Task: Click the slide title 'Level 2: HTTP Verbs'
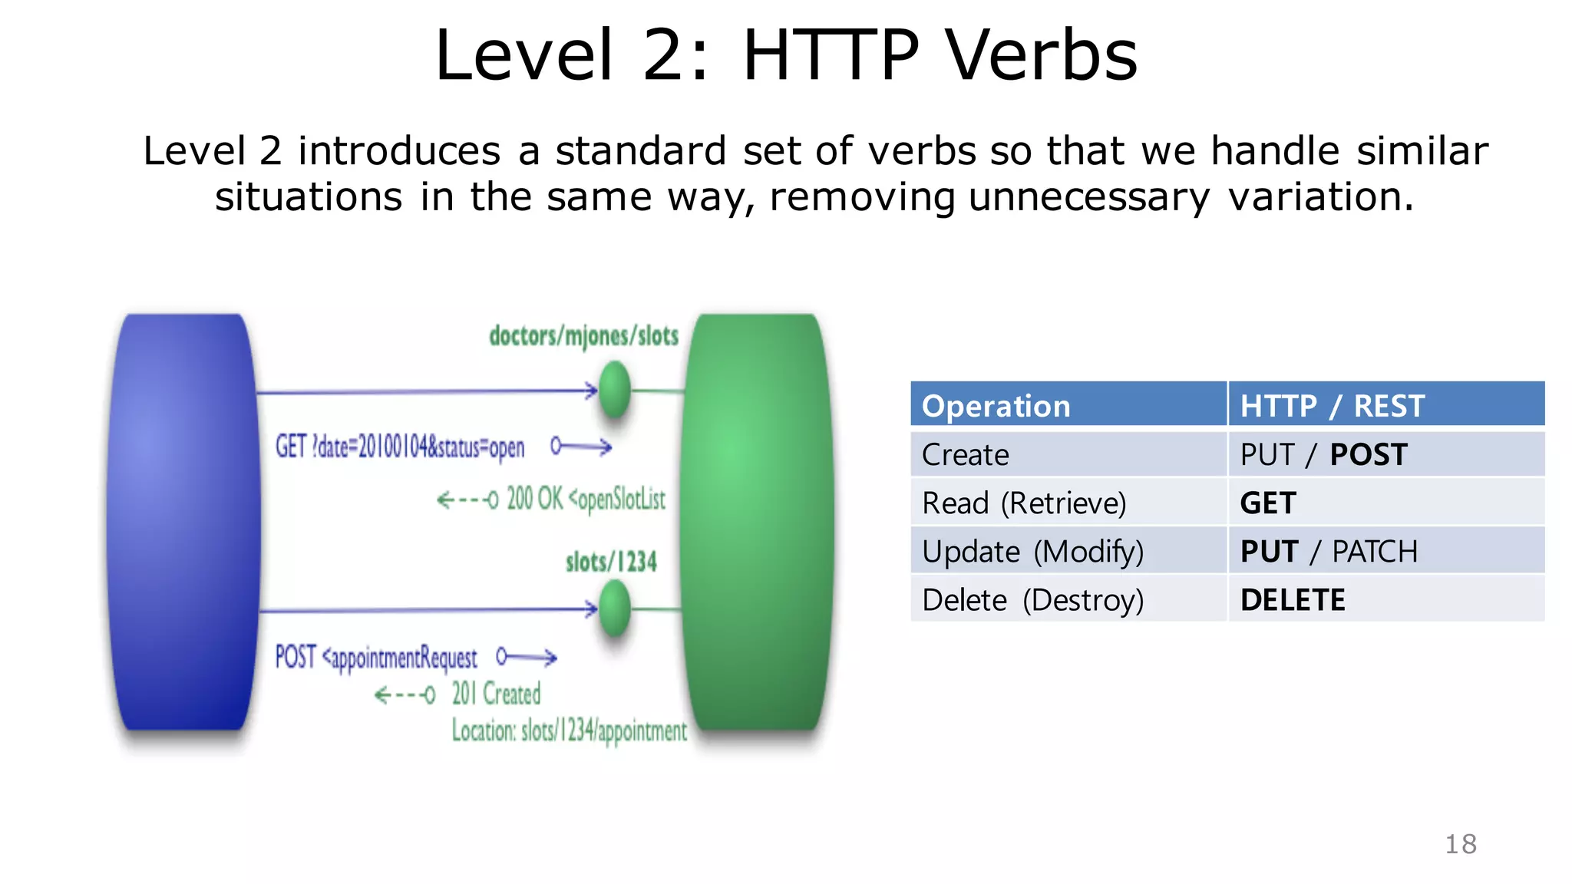point(785,55)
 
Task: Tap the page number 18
point(1460,844)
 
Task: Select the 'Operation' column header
point(996,406)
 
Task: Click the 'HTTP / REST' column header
point(1332,406)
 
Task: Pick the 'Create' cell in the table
point(965,455)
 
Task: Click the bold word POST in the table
point(1368,455)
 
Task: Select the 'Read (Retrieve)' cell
point(1024,503)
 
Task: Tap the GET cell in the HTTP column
point(1268,503)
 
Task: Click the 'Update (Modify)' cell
point(1032,552)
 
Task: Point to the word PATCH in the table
point(1374,552)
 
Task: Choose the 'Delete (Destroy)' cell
point(1032,600)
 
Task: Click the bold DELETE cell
point(1293,600)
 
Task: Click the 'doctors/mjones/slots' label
point(583,336)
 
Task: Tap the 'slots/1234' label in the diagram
point(611,562)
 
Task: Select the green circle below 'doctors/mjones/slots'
point(614,390)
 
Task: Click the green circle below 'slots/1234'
point(614,609)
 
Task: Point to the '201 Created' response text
point(496,694)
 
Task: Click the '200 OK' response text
point(535,499)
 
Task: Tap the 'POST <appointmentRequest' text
point(376,658)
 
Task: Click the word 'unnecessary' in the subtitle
point(1088,197)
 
